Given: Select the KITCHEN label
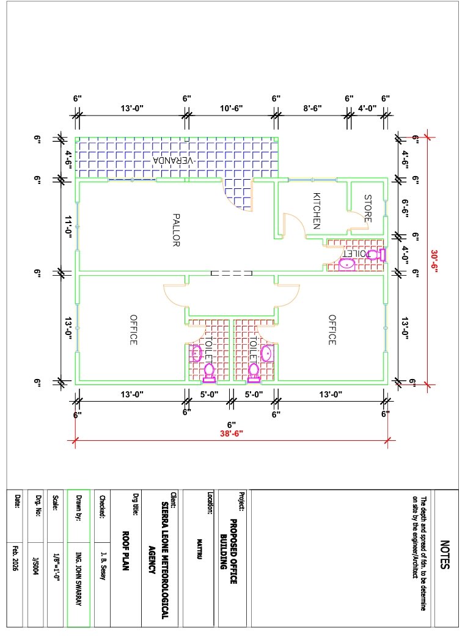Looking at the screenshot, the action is pyautogui.click(x=317, y=211).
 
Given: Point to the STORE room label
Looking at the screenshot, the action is pyautogui.click(x=367, y=208).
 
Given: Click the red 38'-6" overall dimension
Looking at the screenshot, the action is pyautogui.click(x=232, y=433).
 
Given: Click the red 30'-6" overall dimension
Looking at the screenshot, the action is pyautogui.click(x=434, y=261).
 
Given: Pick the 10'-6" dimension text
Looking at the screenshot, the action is pyautogui.click(x=232, y=108).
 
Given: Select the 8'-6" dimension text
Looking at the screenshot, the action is pyautogui.click(x=312, y=108).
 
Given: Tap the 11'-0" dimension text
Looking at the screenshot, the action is pyautogui.click(x=68, y=227).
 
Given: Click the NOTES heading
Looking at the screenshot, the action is pyautogui.click(x=445, y=554).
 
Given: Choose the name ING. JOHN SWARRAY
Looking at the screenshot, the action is pyautogui.click(x=79, y=580).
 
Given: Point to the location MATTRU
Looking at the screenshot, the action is pyautogui.click(x=199, y=549).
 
